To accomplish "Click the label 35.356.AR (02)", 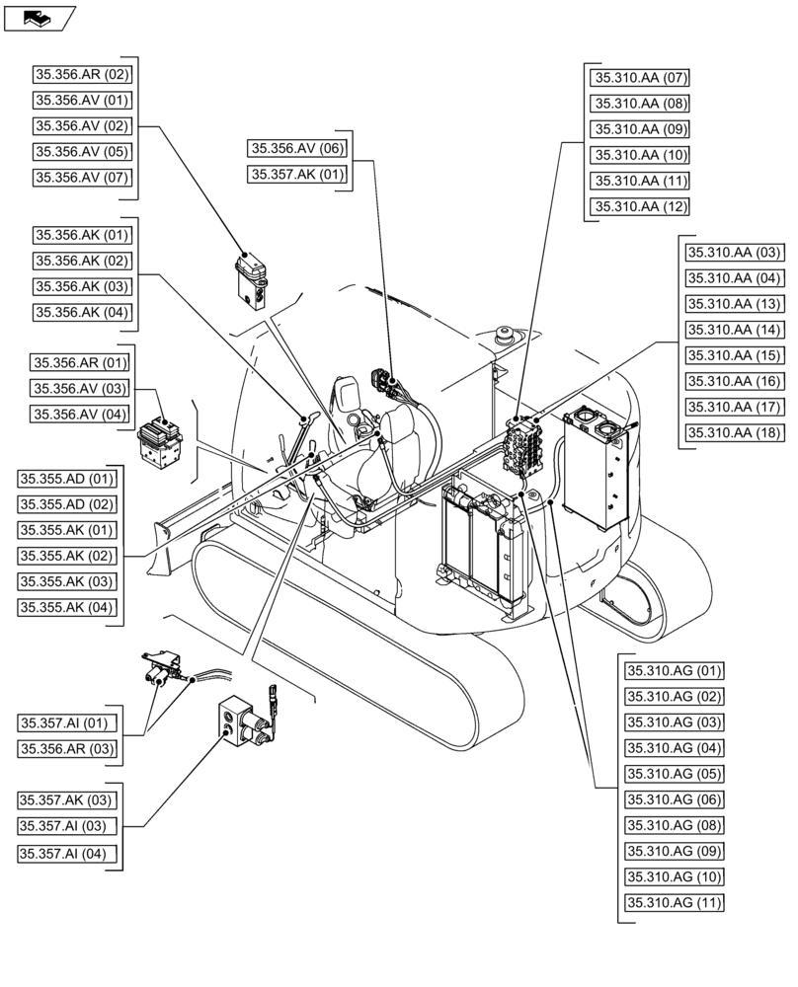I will (82, 74).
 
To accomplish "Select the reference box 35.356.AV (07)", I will (82, 178).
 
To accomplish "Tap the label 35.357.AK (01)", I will (297, 175).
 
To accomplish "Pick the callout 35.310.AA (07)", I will (640, 77).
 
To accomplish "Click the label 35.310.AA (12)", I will (640, 206).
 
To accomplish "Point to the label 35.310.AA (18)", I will (734, 432).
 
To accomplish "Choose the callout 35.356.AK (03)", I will (82, 287).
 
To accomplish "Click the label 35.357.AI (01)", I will (67, 723).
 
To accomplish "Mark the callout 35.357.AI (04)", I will (67, 853).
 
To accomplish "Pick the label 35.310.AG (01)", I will (674, 671).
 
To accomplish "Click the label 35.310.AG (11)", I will (674, 902).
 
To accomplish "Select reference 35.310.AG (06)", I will (674, 799).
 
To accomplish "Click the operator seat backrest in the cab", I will (400, 434).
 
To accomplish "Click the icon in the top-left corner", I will (40, 17).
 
